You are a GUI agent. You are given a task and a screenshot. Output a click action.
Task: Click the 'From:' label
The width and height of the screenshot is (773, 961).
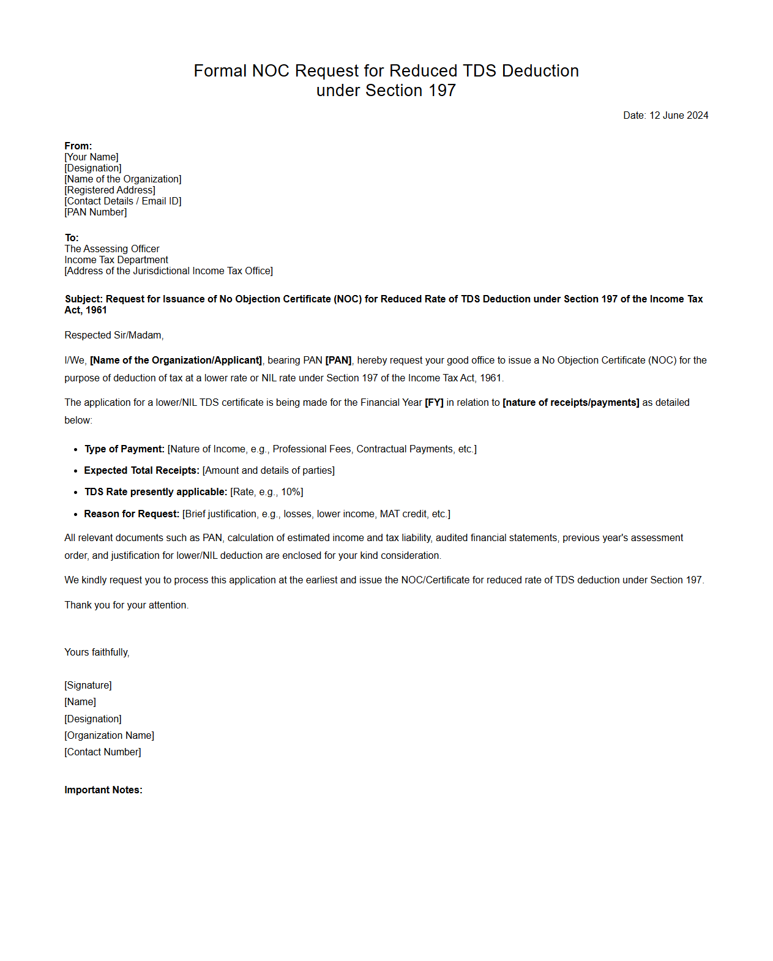click(x=78, y=146)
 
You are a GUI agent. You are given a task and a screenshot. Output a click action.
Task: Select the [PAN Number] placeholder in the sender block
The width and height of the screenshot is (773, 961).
click(x=95, y=212)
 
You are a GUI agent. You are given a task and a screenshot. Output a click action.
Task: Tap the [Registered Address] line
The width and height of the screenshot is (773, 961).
click(x=110, y=190)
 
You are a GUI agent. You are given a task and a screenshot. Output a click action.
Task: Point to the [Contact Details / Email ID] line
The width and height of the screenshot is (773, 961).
click(x=123, y=201)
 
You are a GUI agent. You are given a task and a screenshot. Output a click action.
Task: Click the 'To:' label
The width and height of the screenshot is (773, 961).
click(x=72, y=237)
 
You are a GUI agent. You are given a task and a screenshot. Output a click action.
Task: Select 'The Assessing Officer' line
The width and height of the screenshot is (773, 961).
click(x=112, y=249)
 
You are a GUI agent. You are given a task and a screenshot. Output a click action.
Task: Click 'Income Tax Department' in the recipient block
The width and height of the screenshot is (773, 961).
click(x=116, y=260)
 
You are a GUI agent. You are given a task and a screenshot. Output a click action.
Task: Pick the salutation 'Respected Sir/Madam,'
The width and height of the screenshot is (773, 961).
click(x=114, y=335)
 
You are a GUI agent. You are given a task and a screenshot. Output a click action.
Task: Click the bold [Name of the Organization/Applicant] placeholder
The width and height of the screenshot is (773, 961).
click(x=176, y=360)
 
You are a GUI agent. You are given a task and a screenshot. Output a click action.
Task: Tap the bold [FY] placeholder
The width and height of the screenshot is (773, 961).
click(x=434, y=402)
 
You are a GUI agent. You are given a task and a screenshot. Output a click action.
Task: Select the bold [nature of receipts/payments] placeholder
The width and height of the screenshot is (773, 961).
click(x=570, y=402)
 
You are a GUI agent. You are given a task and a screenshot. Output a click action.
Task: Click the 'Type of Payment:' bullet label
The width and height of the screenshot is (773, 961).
click(x=124, y=449)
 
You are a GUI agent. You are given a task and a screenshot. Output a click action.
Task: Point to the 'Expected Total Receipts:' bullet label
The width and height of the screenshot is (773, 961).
click(x=141, y=470)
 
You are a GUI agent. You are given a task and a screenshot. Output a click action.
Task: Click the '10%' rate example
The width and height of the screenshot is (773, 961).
click(x=291, y=492)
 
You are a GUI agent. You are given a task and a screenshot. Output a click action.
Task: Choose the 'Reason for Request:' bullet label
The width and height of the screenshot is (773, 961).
click(x=132, y=514)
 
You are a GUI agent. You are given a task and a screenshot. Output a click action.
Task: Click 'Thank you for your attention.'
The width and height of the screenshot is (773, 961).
click(x=127, y=605)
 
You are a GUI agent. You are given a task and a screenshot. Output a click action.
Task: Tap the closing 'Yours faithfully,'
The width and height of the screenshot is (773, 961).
click(x=97, y=652)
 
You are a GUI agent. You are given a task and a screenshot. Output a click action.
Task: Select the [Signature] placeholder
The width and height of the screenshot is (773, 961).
click(x=88, y=685)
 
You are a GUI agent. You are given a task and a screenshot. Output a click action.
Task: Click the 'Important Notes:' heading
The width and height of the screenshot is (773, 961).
click(x=103, y=790)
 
